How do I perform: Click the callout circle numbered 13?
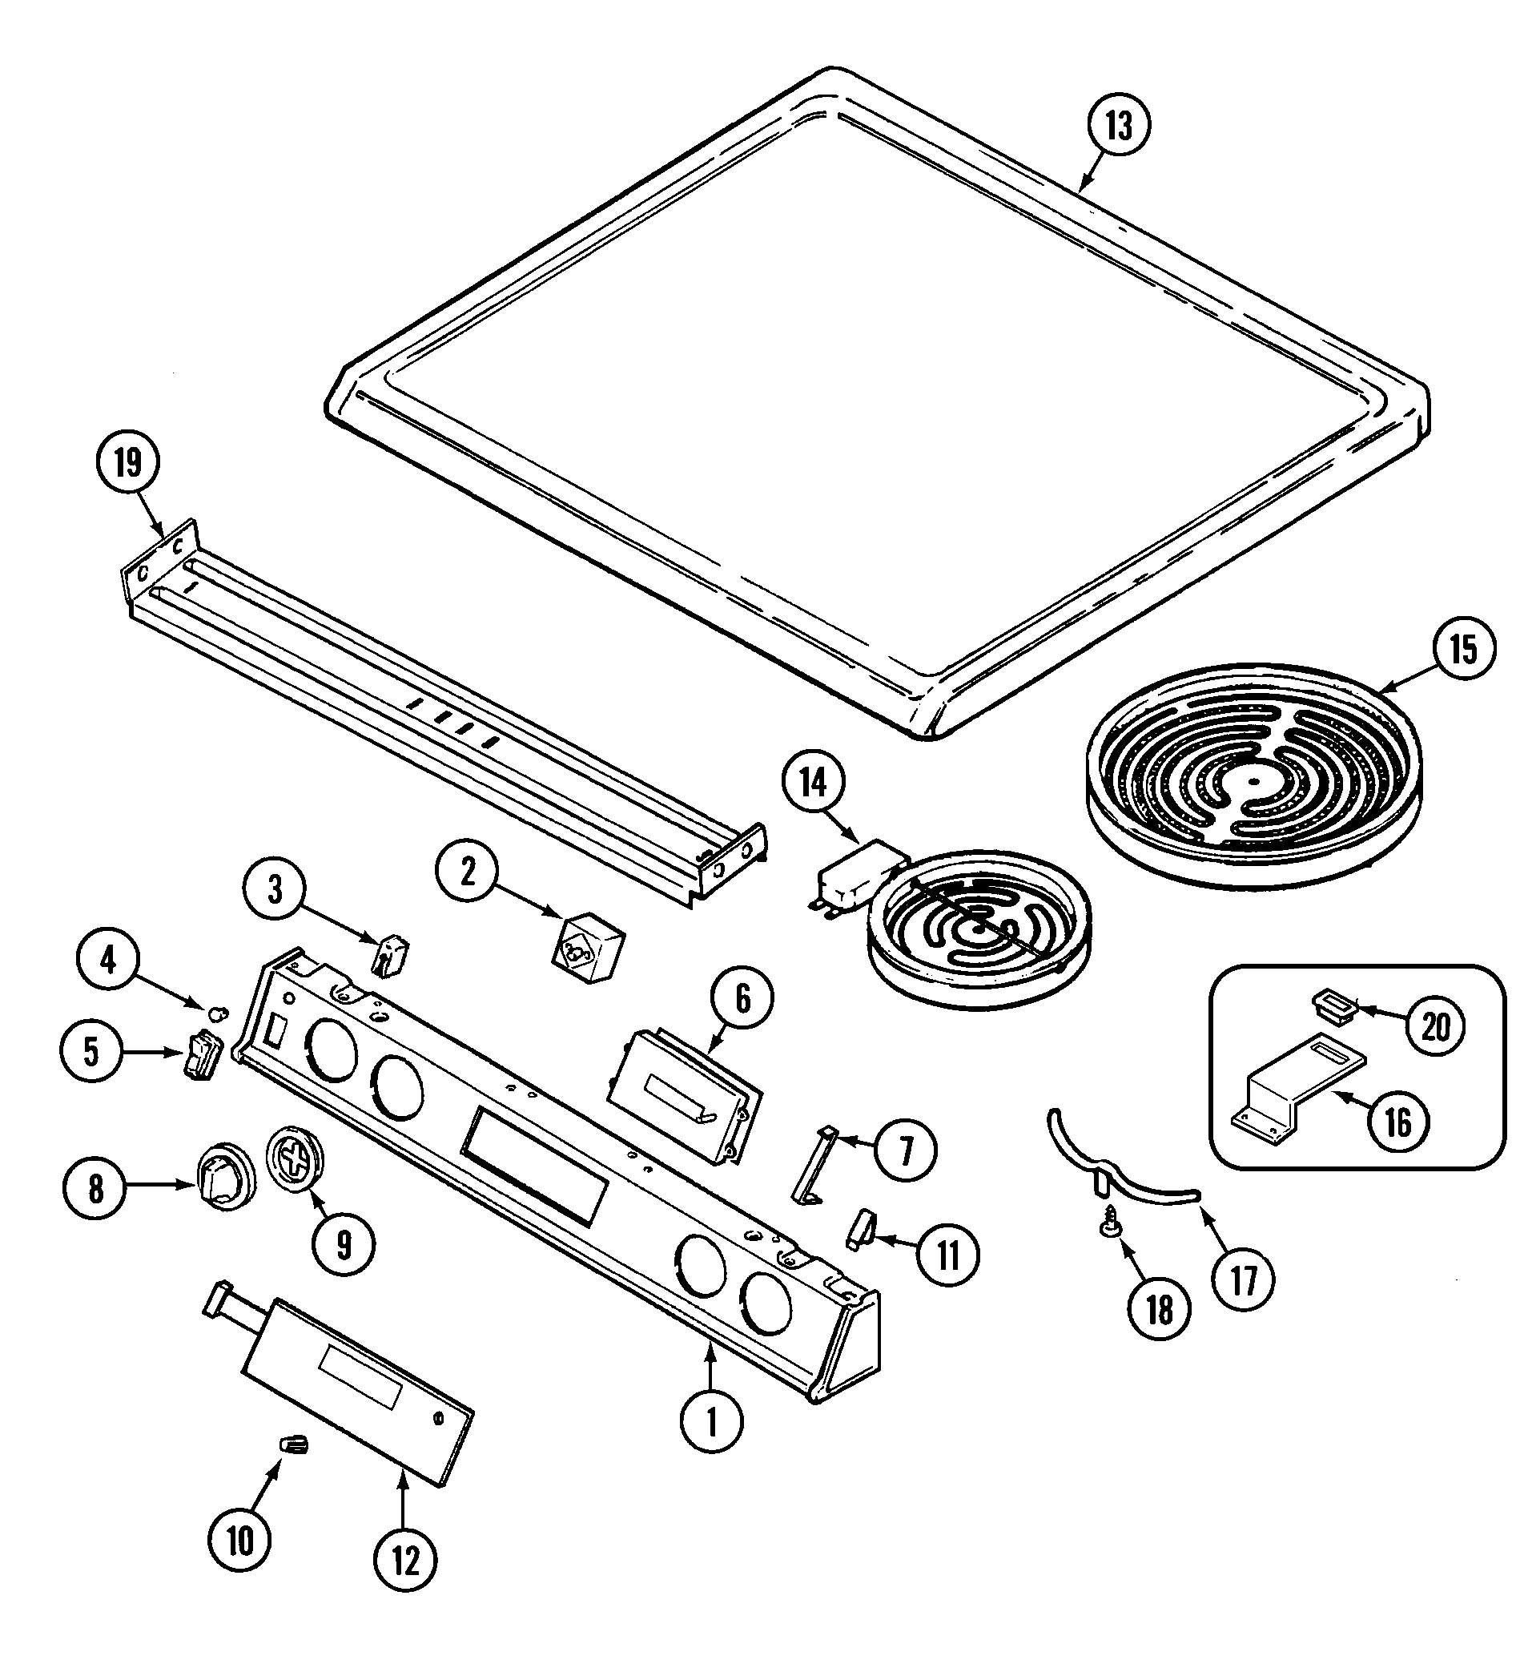point(1119,127)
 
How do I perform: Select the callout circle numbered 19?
point(128,463)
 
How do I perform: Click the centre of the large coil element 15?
point(1253,781)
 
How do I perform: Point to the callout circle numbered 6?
point(742,1000)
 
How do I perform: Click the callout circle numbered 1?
point(711,1421)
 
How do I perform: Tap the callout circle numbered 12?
point(405,1560)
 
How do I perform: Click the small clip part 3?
point(391,955)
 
